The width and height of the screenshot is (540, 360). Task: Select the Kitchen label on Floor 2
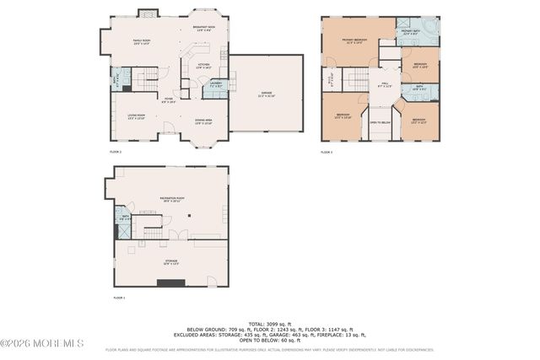coord(202,64)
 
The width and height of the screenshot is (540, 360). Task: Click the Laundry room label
coord(215,84)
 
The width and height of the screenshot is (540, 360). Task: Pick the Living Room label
coord(136,116)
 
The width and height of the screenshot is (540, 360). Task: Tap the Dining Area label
coord(204,121)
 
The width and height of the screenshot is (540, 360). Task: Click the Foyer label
coord(169,100)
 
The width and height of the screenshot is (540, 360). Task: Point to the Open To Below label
coord(380,122)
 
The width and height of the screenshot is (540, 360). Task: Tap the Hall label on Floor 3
coord(384,83)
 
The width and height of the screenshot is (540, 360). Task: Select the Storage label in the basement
coord(170,261)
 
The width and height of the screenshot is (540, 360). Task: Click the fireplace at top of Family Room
coord(146,13)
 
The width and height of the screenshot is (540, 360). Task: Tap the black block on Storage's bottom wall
coord(170,283)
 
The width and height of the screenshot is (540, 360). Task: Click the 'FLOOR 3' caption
coord(327,152)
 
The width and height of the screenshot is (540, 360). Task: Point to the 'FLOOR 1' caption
coord(119,298)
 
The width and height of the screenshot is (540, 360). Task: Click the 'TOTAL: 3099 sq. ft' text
coord(269,324)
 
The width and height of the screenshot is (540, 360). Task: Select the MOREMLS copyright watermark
coord(42,343)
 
